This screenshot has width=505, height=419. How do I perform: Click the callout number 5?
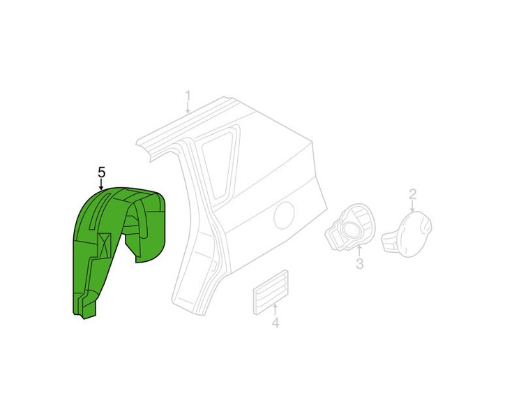pos(101,172)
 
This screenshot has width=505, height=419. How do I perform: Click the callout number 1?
pos(188,96)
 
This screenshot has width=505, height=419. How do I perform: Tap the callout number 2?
pos(412,194)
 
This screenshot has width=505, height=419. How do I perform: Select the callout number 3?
pos(359,263)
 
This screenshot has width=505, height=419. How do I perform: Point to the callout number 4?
pos(275,323)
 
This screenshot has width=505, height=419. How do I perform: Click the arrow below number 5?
pos(101,184)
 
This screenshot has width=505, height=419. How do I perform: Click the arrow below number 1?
pos(188,108)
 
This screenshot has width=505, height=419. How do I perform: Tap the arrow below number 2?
pos(412,206)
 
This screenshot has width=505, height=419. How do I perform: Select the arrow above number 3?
pos(359,251)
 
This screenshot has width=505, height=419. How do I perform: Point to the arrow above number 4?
pos(275,309)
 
